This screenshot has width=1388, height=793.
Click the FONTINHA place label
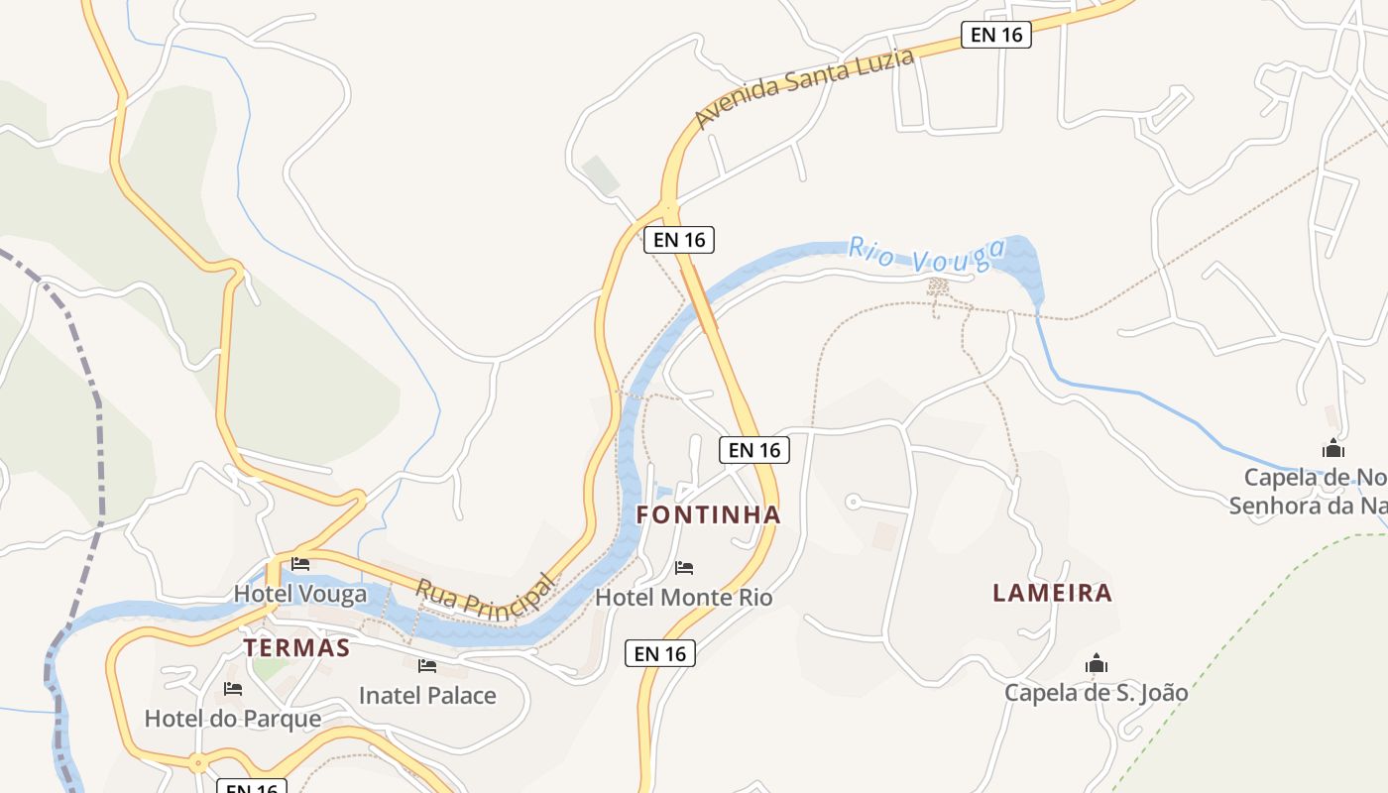[708, 515]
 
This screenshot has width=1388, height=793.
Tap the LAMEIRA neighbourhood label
[1052, 593]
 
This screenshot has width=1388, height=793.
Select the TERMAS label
[296, 647]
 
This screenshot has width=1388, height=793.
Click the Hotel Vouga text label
[299, 594]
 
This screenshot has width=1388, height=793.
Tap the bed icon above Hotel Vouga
[300, 564]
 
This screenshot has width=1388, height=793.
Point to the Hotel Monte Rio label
[683, 597]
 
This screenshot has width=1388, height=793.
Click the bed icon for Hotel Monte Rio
[684, 568]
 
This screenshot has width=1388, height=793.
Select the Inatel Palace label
[427, 695]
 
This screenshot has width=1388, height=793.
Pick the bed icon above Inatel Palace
[427, 666]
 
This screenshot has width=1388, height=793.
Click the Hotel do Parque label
[233, 719]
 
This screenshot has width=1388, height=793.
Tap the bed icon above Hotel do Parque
[233, 689]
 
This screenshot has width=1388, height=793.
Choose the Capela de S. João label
[1096, 692]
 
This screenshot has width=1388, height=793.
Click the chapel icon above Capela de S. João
[1096, 662]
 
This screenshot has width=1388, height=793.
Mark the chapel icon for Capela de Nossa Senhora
[1333, 448]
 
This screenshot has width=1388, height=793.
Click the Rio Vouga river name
[926, 256]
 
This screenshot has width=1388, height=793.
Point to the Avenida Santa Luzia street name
[803, 88]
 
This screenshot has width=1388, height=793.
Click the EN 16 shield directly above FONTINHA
[753, 450]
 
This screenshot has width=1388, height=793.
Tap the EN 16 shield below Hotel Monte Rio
[660, 653]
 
